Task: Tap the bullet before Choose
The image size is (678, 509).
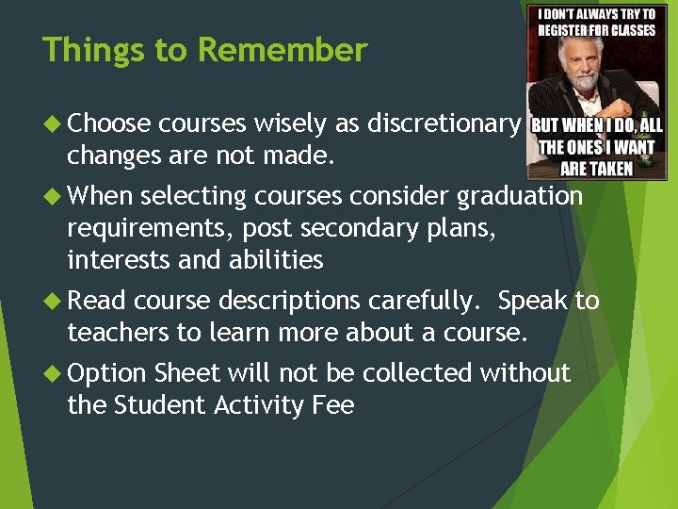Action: [x=54, y=123]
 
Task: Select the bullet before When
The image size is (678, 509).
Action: [x=54, y=196]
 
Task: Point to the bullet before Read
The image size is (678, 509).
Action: [x=54, y=301]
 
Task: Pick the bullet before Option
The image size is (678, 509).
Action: [x=54, y=373]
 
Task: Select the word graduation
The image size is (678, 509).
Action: [x=520, y=196]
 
